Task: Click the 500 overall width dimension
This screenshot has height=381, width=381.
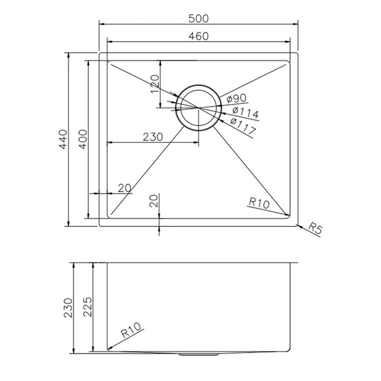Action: point(199,18)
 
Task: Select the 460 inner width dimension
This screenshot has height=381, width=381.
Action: point(199,36)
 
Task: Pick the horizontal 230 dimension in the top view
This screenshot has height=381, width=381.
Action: point(153,137)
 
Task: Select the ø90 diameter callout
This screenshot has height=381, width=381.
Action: point(237,99)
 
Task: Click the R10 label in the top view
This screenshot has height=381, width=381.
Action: point(259,203)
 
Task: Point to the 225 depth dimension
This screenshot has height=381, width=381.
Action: point(87,307)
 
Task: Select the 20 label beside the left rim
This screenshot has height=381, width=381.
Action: point(125,188)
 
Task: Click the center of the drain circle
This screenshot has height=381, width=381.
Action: point(199,107)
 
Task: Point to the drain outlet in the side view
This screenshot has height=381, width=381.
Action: point(199,354)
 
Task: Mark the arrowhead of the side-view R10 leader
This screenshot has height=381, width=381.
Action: point(109,349)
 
